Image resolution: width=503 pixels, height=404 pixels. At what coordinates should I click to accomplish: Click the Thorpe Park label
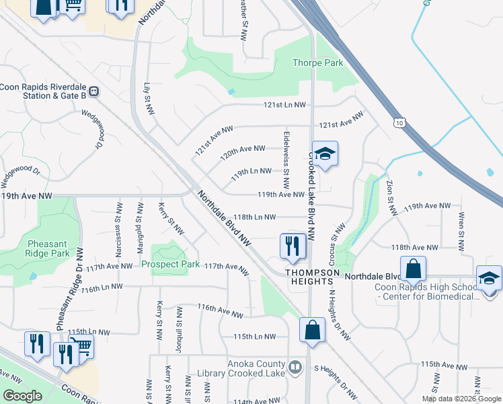pos(317,63)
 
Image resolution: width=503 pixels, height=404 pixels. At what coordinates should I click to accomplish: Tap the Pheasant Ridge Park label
pos(48,248)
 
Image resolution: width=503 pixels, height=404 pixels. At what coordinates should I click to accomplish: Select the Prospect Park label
pos(170,264)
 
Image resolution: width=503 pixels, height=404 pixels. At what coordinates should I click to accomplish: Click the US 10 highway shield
pos(399,123)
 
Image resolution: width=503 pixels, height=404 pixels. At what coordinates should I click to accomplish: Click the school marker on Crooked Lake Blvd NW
pos(325,154)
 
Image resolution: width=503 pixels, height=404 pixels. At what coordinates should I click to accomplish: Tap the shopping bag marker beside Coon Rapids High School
pos(413,269)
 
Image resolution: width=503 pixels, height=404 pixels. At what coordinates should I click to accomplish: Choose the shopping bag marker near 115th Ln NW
pos(312,331)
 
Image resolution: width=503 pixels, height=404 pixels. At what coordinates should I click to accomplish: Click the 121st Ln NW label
pos(284,105)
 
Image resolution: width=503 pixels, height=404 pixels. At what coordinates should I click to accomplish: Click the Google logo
pos(22,396)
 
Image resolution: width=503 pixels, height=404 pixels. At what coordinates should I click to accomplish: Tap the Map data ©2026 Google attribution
pos(461,399)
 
